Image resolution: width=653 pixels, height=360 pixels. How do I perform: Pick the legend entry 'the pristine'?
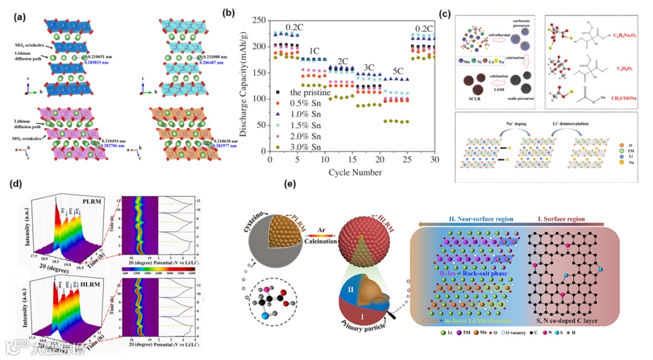click(308, 93)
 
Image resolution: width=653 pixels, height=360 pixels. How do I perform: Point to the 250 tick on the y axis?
click(259, 21)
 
